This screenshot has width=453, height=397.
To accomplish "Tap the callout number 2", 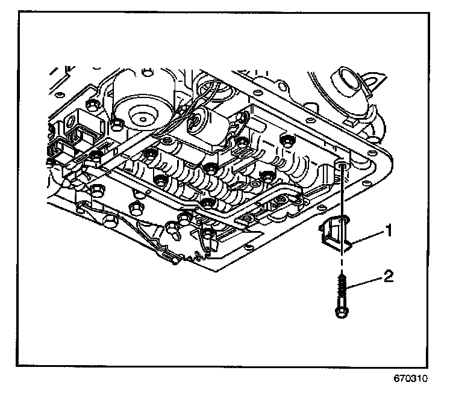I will [x=389, y=278].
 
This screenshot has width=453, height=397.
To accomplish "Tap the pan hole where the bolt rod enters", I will [x=342, y=164].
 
